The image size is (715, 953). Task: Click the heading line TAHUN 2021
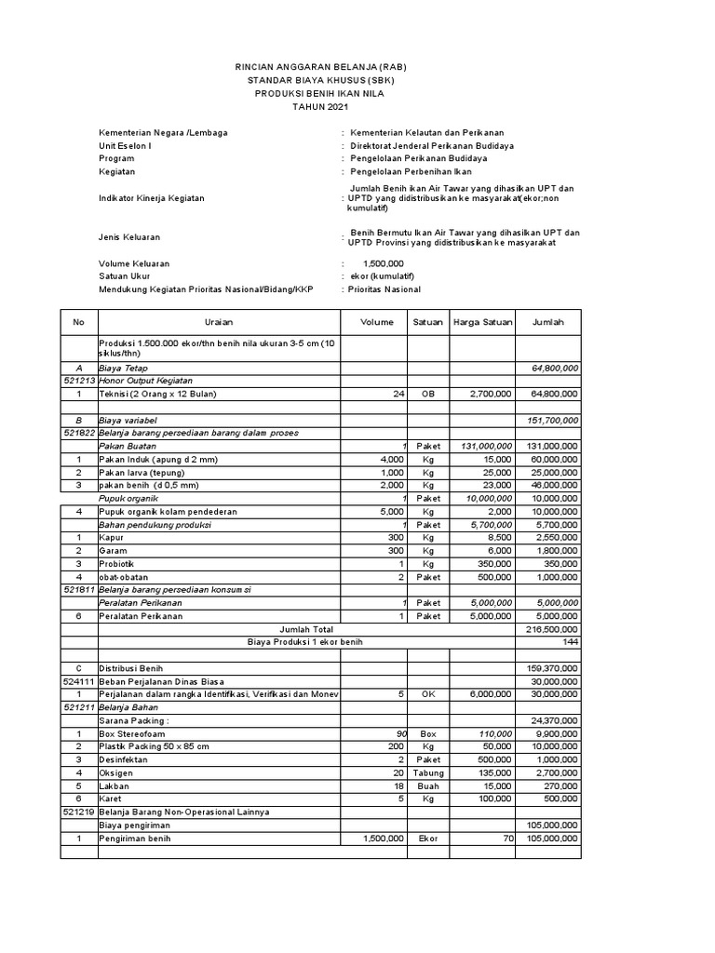click(319, 107)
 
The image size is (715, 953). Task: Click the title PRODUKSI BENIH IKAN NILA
click(319, 94)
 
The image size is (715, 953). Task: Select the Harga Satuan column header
click(482, 322)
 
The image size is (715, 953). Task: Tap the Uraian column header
click(219, 322)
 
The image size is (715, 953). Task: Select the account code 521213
click(79, 381)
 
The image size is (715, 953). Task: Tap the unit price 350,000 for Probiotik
click(492, 564)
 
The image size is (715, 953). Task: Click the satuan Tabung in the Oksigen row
click(428, 772)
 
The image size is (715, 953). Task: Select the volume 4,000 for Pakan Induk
click(388, 460)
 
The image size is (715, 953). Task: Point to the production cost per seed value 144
click(570, 642)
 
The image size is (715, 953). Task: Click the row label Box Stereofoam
click(135, 733)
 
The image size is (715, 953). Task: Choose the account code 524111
click(79, 681)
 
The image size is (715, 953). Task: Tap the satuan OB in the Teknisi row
click(428, 395)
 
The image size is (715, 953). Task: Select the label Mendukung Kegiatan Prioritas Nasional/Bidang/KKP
click(207, 289)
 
